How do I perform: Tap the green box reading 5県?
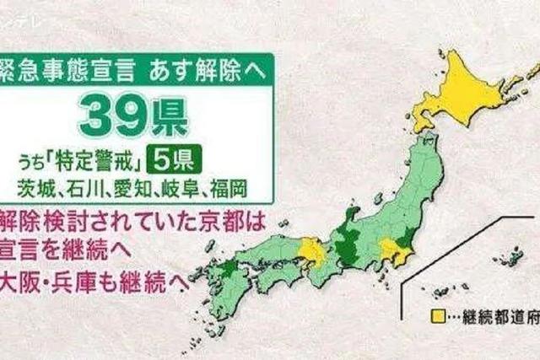click(173, 157)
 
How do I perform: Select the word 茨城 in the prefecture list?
click(34, 184)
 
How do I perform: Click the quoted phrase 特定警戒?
click(97, 158)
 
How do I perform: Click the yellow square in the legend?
click(437, 317)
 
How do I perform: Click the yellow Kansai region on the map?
click(311, 250)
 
